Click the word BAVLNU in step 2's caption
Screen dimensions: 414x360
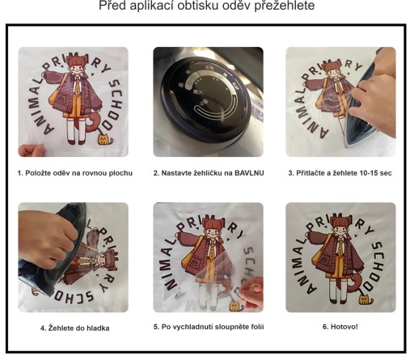tap(249, 173)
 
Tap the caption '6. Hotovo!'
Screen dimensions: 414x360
tap(340, 327)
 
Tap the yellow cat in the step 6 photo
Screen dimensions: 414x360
tap(365, 299)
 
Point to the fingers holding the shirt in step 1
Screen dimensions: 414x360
tap(32, 150)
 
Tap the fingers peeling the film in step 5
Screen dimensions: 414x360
tap(252, 294)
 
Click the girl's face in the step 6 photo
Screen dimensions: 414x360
tap(340, 230)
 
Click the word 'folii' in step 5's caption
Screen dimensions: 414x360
tap(257, 327)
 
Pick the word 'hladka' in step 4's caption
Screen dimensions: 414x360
tap(99, 328)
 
